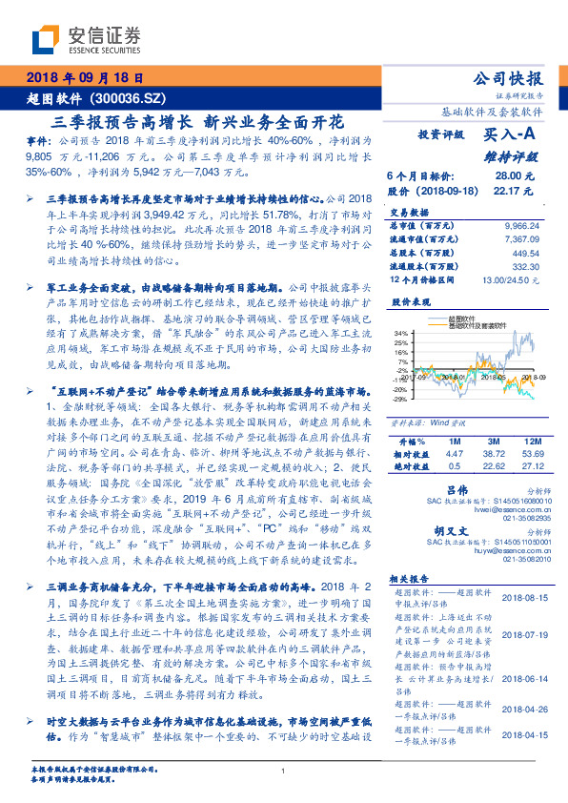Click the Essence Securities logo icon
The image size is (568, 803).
[49, 41]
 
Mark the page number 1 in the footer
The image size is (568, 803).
[284, 772]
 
